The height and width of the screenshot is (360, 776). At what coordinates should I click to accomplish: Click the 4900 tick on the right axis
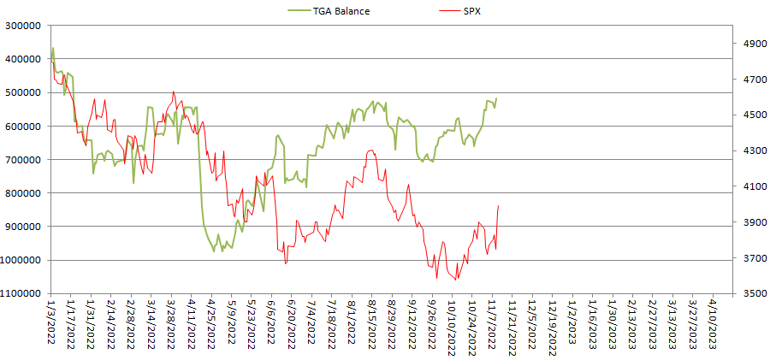click(x=750, y=41)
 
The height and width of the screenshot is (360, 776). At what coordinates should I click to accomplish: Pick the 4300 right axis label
click(x=750, y=150)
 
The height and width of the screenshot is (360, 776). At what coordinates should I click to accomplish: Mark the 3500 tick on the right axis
click(x=750, y=293)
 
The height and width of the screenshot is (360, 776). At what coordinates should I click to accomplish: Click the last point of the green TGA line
click(x=497, y=98)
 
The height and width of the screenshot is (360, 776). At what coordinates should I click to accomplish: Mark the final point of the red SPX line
click(x=499, y=205)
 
